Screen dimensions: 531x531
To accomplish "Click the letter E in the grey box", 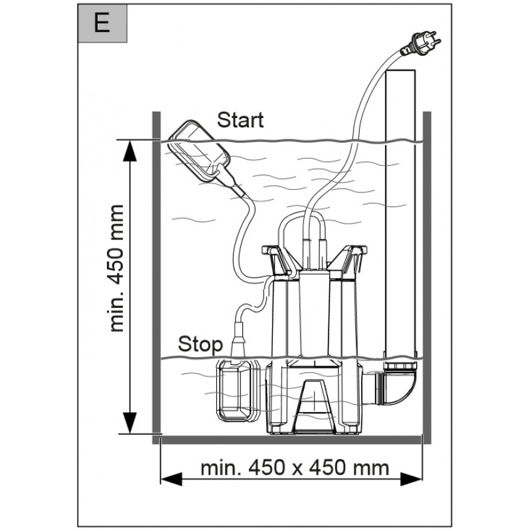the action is [102, 23].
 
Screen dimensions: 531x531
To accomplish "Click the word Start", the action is [240, 120].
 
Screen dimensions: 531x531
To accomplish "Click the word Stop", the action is [200, 345].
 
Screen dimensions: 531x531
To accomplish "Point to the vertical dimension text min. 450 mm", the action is [116, 268].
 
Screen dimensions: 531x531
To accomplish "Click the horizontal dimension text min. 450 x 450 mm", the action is [295, 468].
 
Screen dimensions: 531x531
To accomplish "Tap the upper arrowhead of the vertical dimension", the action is [129, 151].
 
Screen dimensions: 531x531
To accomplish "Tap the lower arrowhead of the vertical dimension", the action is [129, 423].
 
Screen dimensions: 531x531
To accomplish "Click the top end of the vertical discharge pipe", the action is [400, 70].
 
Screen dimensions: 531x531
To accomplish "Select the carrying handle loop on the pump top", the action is [301, 217].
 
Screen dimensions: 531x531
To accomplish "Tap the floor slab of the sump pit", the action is [291, 440].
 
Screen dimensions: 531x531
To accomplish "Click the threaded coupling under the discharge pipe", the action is [401, 366].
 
